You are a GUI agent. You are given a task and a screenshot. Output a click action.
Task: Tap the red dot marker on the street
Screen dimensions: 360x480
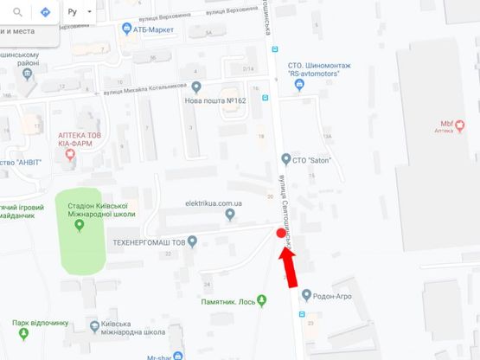click(278, 233)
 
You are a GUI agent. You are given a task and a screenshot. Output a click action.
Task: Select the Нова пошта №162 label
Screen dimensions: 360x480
click(215, 100)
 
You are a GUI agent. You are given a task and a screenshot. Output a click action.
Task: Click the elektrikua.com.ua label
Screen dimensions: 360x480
click(214, 203)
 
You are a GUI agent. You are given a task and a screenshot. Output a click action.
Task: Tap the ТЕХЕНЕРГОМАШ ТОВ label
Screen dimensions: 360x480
click(150, 242)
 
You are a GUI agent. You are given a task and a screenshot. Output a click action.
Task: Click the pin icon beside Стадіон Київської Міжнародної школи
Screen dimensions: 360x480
click(80, 226)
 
